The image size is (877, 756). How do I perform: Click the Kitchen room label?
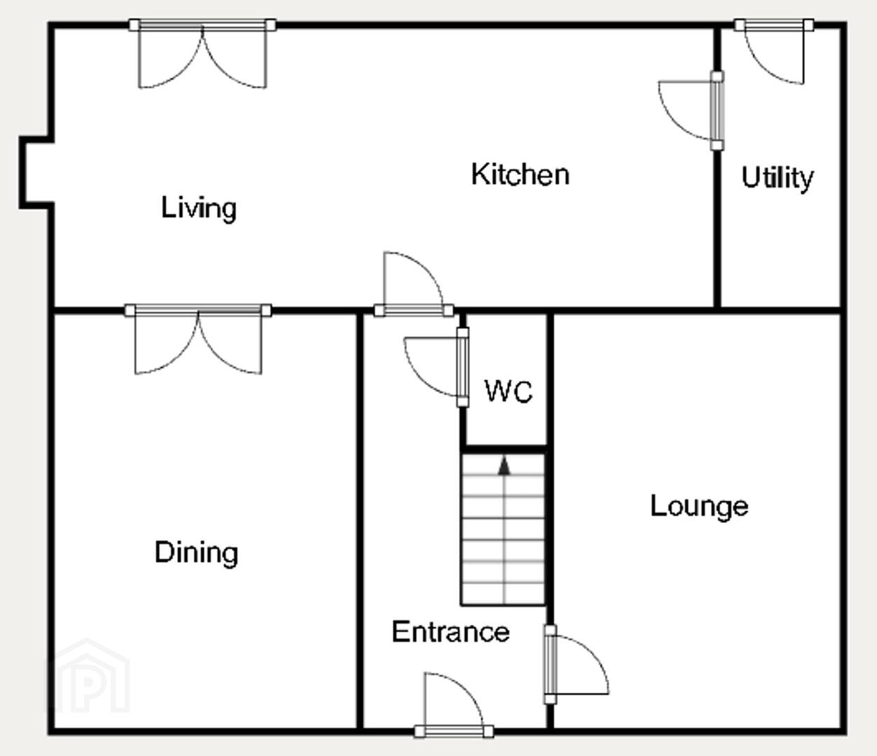520,174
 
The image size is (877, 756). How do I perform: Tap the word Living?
198,209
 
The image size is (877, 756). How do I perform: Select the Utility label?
778,178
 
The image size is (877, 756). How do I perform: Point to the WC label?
509,391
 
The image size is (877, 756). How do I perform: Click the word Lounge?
699,507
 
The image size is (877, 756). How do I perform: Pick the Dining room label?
196,553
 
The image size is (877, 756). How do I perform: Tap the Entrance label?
450,632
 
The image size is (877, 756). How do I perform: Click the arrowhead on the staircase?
504,465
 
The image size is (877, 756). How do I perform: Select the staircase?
503,528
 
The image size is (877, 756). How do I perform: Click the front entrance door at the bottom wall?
454,703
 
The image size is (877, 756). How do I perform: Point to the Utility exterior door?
774,52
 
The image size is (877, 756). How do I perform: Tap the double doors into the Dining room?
198,339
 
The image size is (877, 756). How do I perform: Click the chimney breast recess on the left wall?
37,173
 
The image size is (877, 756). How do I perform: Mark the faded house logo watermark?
87,676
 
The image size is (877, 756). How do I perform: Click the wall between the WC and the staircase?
503,449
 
